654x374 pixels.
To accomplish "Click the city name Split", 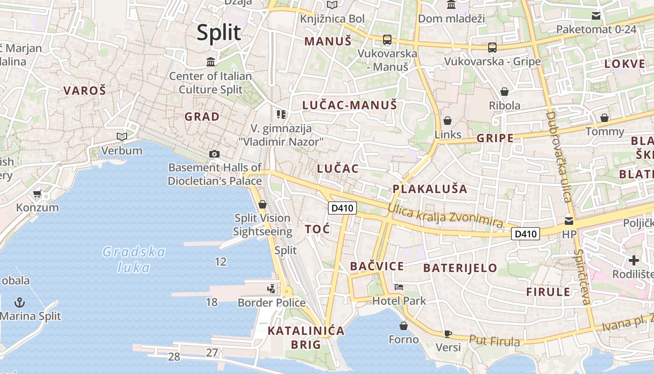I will pyautogui.click(x=219, y=33).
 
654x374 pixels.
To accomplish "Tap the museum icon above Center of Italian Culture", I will pyautogui.click(x=211, y=62).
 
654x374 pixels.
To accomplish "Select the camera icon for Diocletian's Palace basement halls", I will pyautogui.click(x=214, y=154).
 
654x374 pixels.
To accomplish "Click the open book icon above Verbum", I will pyautogui.click(x=122, y=137).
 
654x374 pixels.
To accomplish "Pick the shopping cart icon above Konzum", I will pyautogui.click(x=37, y=194).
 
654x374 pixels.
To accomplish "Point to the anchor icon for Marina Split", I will pyautogui.click(x=19, y=302).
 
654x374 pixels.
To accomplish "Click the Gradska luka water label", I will pyautogui.click(x=134, y=259).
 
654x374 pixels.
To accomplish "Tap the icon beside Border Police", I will pyautogui.click(x=271, y=289).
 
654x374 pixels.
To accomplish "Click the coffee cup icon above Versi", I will pyautogui.click(x=448, y=333).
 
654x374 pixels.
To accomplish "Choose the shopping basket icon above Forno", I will pyautogui.click(x=404, y=325).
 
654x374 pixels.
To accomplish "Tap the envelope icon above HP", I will pyautogui.click(x=569, y=221).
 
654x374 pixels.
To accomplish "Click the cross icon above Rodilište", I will pyautogui.click(x=633, y=260).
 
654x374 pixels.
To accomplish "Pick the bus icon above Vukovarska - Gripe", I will pyautogui.click(x=492, y=47).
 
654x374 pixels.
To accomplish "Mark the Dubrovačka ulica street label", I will pyautogui.click(x=559, y=157).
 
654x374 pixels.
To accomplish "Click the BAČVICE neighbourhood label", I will pyautogui.click(x=377, y=266).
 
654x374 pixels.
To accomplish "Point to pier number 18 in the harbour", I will pyautogui.click(x=212, y=302).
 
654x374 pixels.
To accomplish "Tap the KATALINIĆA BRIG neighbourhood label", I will pyautogui.click(x=306, y=338).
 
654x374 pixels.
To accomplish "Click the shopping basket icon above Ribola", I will pyautogui.click(x=505, y=91).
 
